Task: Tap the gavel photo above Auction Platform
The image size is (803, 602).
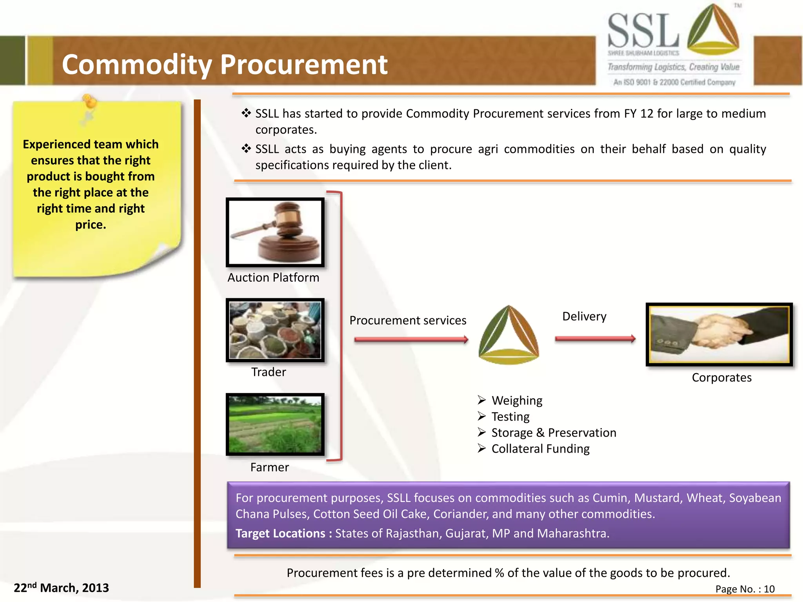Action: point(275,232)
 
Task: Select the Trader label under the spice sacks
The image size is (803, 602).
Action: point(269,372)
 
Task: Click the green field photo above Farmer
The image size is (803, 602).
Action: point(275,424)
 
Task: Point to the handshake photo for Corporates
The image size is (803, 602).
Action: point(719,335)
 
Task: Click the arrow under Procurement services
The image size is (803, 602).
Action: point(411,339)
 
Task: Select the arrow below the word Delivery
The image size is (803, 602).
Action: point(595,339)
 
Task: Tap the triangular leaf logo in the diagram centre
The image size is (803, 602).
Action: point(509,335)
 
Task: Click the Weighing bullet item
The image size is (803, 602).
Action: point(517,401)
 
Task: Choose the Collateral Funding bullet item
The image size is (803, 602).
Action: point(540,449)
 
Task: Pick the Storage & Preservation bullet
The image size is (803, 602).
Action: point(554,433)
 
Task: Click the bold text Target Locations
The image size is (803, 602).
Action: point(280,533)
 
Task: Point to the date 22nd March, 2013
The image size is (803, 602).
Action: point(62,587)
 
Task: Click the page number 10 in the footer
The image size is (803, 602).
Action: point(769,589)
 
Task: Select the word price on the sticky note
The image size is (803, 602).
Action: point(90,225)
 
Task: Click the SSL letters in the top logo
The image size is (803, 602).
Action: point(643,31)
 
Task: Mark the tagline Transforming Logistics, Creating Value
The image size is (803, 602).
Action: point(673,67)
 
